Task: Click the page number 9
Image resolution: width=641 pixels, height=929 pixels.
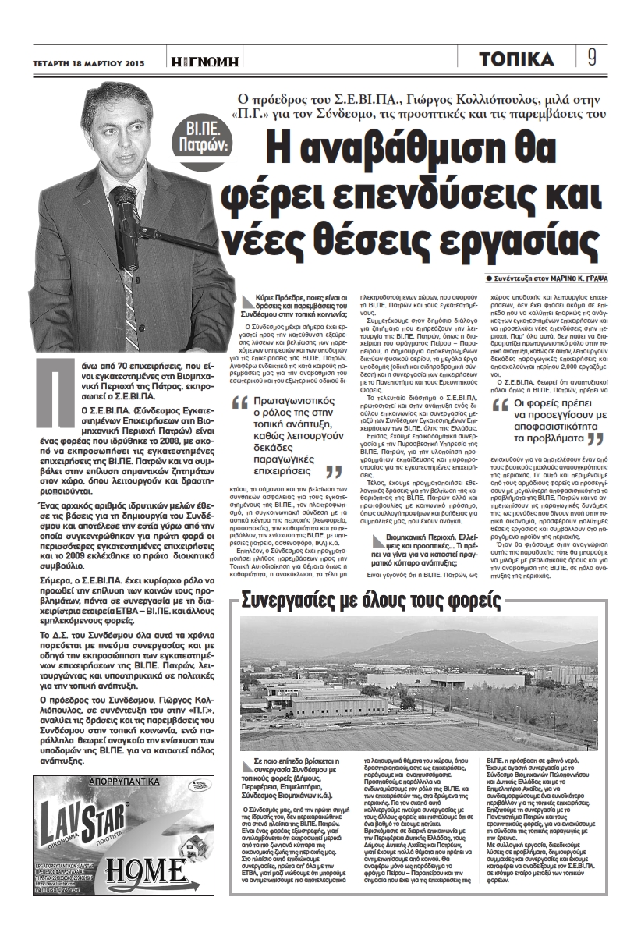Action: click(592, 59)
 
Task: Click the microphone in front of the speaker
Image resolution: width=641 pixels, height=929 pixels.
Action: click(125, 202)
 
